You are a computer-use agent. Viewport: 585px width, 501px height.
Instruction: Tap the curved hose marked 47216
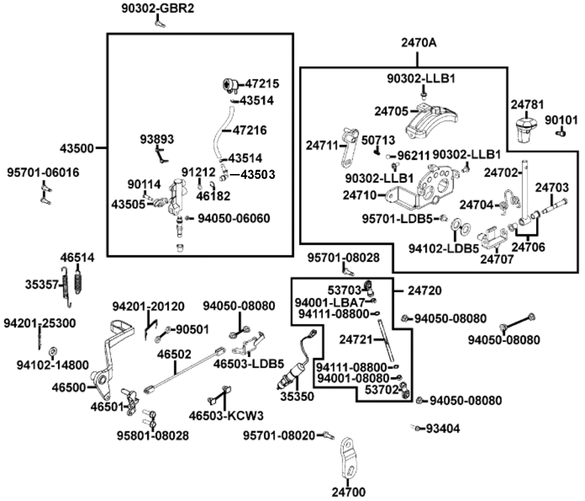click(x=218, y=134)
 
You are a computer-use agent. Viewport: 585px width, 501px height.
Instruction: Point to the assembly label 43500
click(x=77, y=148)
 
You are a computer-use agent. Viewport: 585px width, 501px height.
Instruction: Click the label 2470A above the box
click(x=418, y=43)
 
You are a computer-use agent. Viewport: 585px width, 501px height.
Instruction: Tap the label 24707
click(x=497, y=258)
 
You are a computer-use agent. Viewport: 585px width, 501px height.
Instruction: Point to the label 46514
click(x=77, y=257)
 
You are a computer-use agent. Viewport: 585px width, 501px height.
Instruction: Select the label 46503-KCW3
click(x=226, y=415)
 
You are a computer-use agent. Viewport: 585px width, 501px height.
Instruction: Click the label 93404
click(x=443, y=428)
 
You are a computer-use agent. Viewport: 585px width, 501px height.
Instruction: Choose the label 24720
click(x=425, y=290)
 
